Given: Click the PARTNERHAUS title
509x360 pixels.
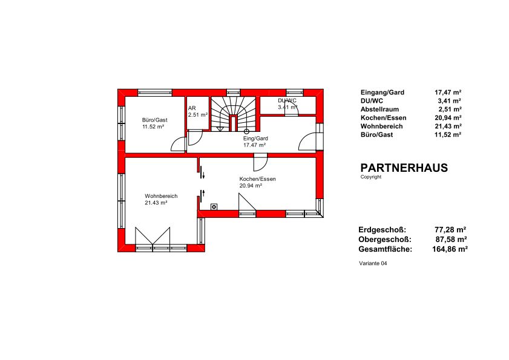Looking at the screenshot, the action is (404, 168).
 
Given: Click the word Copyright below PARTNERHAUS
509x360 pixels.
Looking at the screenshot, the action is (371, 177).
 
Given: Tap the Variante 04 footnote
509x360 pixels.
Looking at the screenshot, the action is (373, 263).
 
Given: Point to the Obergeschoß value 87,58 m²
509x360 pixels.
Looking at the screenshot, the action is (451, 240).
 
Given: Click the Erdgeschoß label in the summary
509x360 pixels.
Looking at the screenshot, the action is (383, 230).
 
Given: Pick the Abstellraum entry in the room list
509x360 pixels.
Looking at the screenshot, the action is (380, 110).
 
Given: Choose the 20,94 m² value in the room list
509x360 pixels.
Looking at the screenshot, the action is (448, 118).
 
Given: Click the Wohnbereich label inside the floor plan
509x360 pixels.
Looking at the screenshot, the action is (161, 196).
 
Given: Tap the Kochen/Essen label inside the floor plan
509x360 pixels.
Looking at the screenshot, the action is (257, 179).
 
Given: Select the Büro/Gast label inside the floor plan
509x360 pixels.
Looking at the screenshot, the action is (154, 120).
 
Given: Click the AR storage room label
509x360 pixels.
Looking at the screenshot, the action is (192, 108).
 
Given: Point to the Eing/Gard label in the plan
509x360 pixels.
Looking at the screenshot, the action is (256, 139).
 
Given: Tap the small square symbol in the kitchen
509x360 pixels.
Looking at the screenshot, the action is (214, 206).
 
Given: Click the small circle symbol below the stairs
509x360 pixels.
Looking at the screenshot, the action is (246, 131).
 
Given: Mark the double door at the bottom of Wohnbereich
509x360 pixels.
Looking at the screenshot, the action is (153, 236).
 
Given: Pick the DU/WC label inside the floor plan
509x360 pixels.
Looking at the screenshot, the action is (287, 100).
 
